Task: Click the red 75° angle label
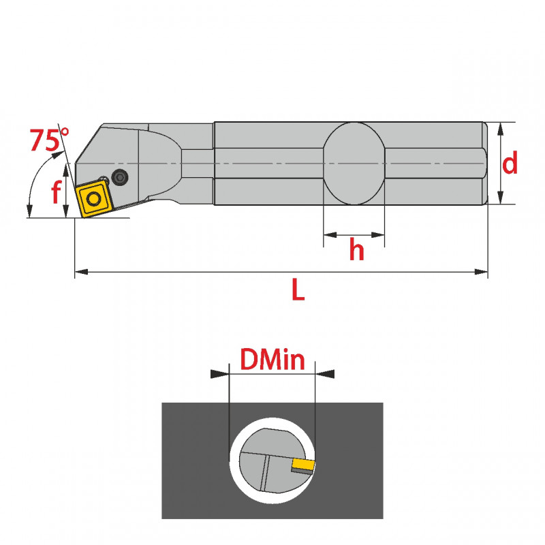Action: click(x=49, y=140)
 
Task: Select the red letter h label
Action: click(x=356, y=249)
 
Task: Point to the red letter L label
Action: click(x=298, y=290)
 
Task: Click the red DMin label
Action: click(x=272, y=360)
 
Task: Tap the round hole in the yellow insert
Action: click(x=93, y=199)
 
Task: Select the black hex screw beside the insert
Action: click(x=120, y=177)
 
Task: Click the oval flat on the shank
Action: click(x=354, y=163)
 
